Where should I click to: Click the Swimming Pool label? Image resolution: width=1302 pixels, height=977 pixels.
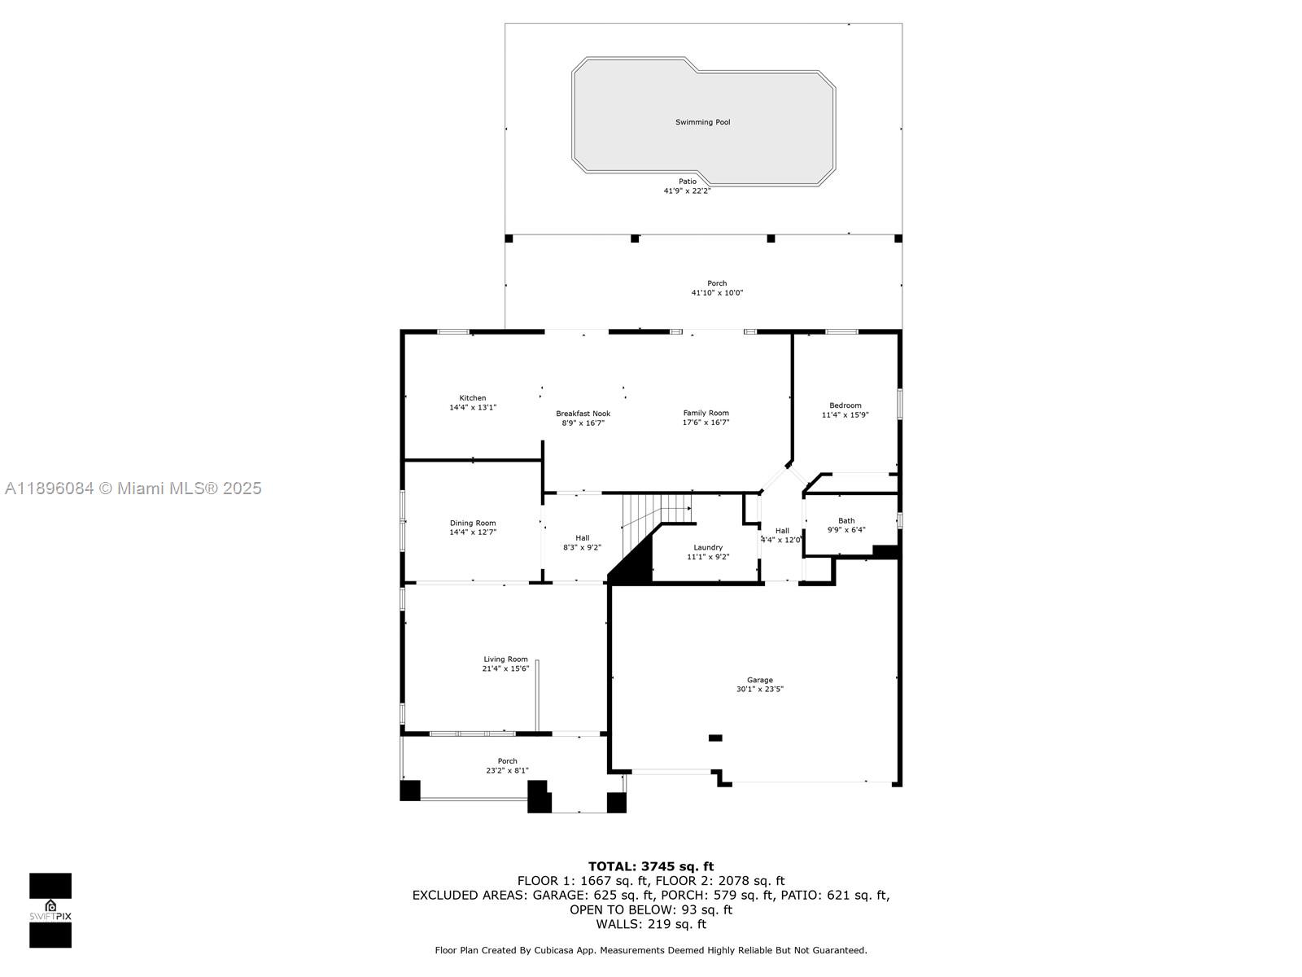tap(702, 122)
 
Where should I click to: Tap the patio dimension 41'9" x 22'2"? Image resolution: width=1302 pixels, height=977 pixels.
tap(687, 191)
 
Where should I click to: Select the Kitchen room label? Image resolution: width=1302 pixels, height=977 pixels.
tap(472, 398)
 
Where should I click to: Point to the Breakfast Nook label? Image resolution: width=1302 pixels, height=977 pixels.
tap(583, 414)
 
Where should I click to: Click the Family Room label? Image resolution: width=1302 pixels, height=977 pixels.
tap(706, 413)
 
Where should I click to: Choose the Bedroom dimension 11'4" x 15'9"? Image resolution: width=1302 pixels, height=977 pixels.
tap(845, 415)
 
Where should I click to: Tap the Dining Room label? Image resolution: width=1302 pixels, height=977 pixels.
tap(472, 524)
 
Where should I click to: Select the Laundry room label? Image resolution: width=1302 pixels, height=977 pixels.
tap(707, 548)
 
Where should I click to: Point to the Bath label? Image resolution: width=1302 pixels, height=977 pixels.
tap(846, 521)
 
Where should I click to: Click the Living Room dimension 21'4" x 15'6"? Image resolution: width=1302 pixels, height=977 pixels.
tap(505, 669)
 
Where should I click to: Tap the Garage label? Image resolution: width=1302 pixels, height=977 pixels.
tap(759, 680)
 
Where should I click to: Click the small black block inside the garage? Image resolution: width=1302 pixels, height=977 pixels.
tap(715, 738)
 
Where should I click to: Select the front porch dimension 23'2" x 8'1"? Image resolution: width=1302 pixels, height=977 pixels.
tap(507, 770)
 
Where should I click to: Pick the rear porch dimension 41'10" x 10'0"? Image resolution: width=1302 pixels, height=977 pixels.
tap(717, 293)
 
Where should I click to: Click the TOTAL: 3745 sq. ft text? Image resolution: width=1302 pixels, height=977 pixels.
tap(650, 866)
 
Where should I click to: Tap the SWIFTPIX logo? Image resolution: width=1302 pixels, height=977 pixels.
tap(50, 910)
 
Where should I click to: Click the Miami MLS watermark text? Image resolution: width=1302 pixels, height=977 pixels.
tap(133, 488)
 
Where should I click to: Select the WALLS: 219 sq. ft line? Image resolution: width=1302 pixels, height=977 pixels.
tap(650, 924)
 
